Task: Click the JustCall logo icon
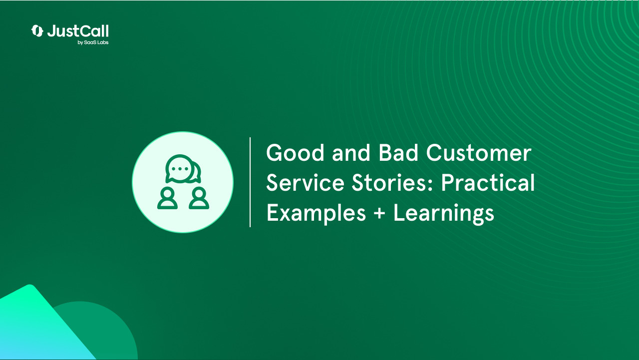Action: click(x=37, y=31)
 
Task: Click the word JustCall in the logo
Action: click(x=78, y=31)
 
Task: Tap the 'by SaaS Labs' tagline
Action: click(x=93, y=43)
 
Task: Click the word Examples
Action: click(x=316, y=214)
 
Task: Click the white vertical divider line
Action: click(x=250, y=182)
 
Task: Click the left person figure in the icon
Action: click(x=167, y=198)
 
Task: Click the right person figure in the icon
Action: click(x=199, y=198)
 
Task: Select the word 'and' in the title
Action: click(x=345, y=153)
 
